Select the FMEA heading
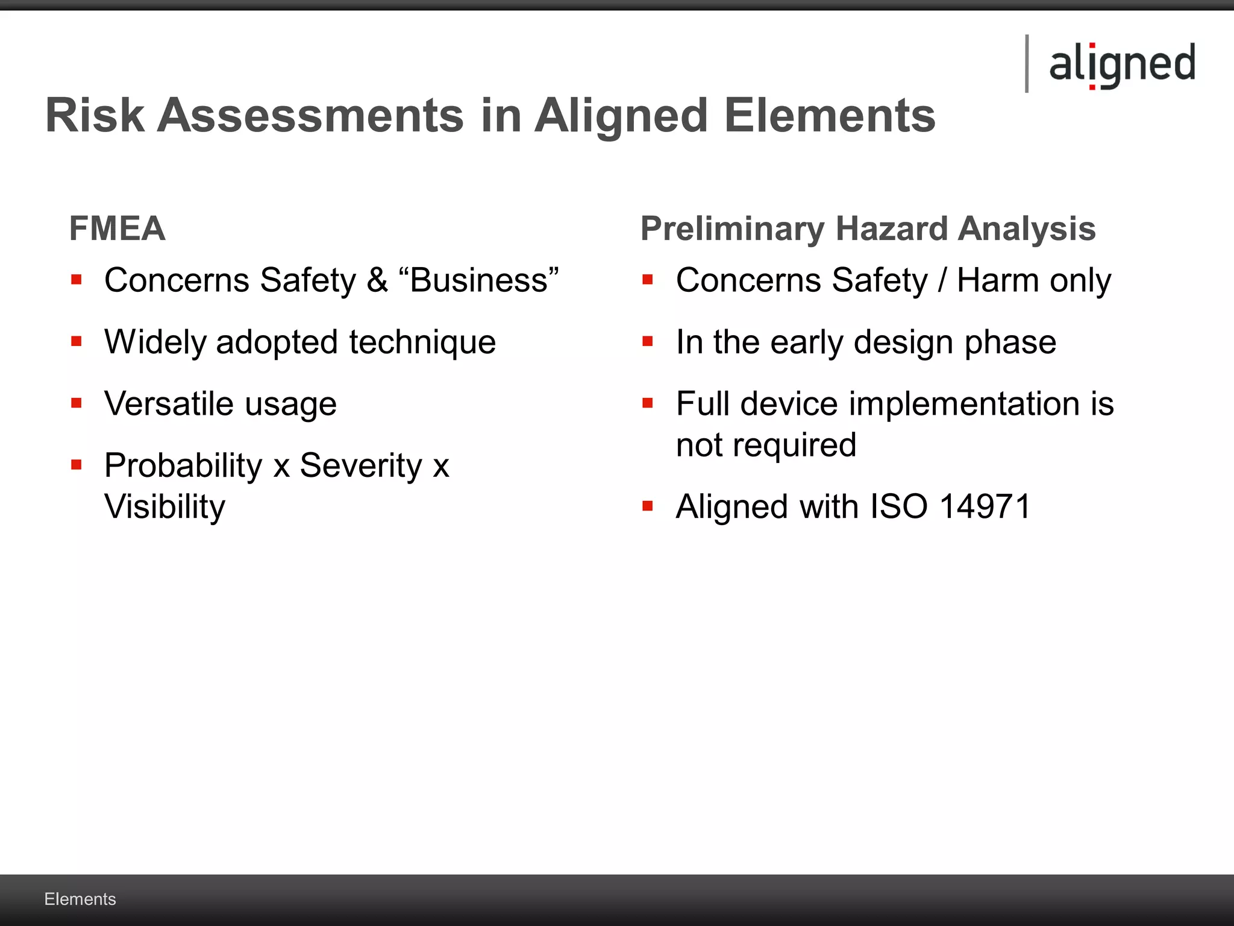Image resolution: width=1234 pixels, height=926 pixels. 117,228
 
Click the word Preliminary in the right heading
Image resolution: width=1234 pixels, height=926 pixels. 732,228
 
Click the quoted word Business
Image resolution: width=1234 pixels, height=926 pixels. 479,280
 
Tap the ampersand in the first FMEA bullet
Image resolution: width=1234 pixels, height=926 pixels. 377,280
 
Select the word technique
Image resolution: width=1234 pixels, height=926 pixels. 422,342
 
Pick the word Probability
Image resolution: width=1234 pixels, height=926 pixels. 183,465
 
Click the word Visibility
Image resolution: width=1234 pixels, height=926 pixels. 164,506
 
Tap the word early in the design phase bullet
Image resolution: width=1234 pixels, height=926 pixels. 807,342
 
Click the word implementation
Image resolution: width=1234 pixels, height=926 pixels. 964,403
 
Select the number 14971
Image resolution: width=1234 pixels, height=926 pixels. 985,506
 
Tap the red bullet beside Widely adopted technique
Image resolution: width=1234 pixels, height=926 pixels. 76,342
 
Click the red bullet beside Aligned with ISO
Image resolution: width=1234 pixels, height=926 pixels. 648,506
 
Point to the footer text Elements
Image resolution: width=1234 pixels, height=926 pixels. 80,899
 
